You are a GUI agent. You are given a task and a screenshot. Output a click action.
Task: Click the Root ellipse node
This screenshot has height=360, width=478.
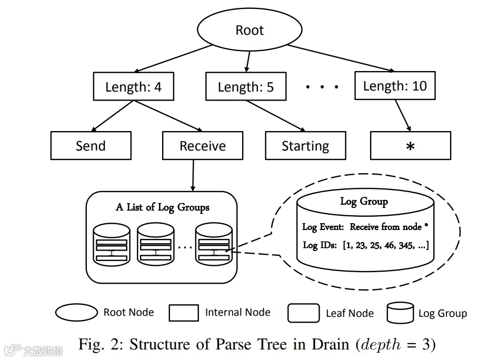coord(250,29)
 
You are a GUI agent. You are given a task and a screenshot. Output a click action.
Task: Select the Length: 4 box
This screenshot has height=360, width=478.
coord(134,86)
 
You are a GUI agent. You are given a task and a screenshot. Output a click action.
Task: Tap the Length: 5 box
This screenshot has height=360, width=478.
coord(246,86)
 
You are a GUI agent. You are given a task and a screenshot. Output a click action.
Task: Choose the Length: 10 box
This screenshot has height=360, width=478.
coord(395,86)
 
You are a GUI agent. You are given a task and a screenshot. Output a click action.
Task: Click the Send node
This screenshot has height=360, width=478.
coord(91,145)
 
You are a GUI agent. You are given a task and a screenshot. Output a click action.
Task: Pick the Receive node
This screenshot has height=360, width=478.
coord(203,145)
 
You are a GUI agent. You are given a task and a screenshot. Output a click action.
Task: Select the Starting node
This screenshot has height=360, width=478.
coord(306,145)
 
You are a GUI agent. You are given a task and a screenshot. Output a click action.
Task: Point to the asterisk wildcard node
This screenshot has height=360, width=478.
coord(411,145)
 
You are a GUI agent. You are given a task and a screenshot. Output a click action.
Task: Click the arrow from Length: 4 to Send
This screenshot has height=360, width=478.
coord(113,116)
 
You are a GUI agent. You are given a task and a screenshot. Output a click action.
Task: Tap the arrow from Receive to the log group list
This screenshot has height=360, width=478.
coord(193,176)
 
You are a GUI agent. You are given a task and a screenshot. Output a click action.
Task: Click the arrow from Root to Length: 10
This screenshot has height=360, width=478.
coord(341,58)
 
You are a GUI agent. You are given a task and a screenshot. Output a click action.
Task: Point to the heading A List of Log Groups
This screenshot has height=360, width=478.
coord(163,207)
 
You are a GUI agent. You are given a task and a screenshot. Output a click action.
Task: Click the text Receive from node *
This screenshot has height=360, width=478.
coord(389,227)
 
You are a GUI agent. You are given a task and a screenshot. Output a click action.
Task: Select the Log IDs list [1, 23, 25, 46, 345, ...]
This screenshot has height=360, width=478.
coord(386,245)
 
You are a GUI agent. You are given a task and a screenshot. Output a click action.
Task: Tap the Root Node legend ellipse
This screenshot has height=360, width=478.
coord(76,312)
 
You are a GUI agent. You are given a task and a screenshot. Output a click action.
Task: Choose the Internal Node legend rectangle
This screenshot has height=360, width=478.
coord(184,313)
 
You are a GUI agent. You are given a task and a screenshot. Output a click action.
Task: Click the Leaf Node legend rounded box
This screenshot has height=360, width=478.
coord(304,313)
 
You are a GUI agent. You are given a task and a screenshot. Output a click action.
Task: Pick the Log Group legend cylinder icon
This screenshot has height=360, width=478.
coord(400,313)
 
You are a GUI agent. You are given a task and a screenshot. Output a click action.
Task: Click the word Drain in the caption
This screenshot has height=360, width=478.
coord(330,344)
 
